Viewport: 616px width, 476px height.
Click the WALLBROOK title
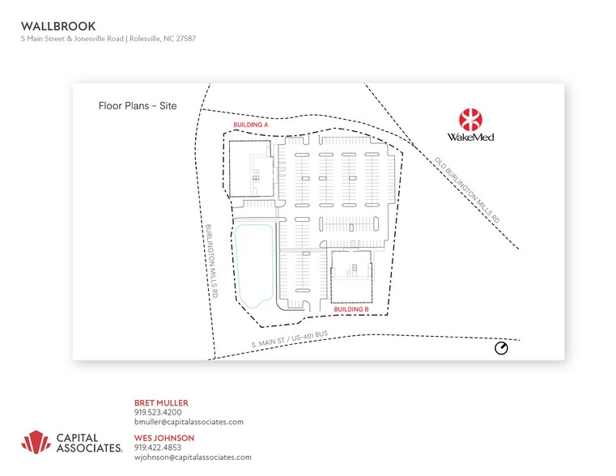click(58, 27)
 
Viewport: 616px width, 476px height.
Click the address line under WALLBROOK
click(108, 39)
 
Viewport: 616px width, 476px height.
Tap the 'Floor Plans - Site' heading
click(138, 106)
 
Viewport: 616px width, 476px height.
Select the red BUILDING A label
click(251, 125)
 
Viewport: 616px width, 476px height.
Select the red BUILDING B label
click(351, 309)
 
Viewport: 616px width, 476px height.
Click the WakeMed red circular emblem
click(470, 120)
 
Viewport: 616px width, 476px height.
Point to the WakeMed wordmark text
click(470, 137)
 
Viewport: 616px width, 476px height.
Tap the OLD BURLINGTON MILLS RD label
click(467, 190)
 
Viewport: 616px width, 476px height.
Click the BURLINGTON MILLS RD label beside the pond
click(212, 261)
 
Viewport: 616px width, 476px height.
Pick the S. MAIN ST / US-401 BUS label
click(290, 339)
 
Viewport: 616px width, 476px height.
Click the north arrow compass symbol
click(501, 348)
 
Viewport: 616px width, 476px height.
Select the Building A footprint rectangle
click(251, 169)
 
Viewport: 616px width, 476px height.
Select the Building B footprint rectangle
click(351, 278)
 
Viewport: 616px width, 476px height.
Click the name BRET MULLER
click(161, 403)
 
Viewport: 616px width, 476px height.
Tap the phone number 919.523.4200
click(158, 412)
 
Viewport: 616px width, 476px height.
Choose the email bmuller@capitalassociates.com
click(189, 423)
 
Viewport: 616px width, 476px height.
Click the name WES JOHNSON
click(164, 438)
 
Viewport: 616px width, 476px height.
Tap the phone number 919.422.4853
click(158, 448)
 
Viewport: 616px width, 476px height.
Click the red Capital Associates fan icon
click(36, 442)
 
